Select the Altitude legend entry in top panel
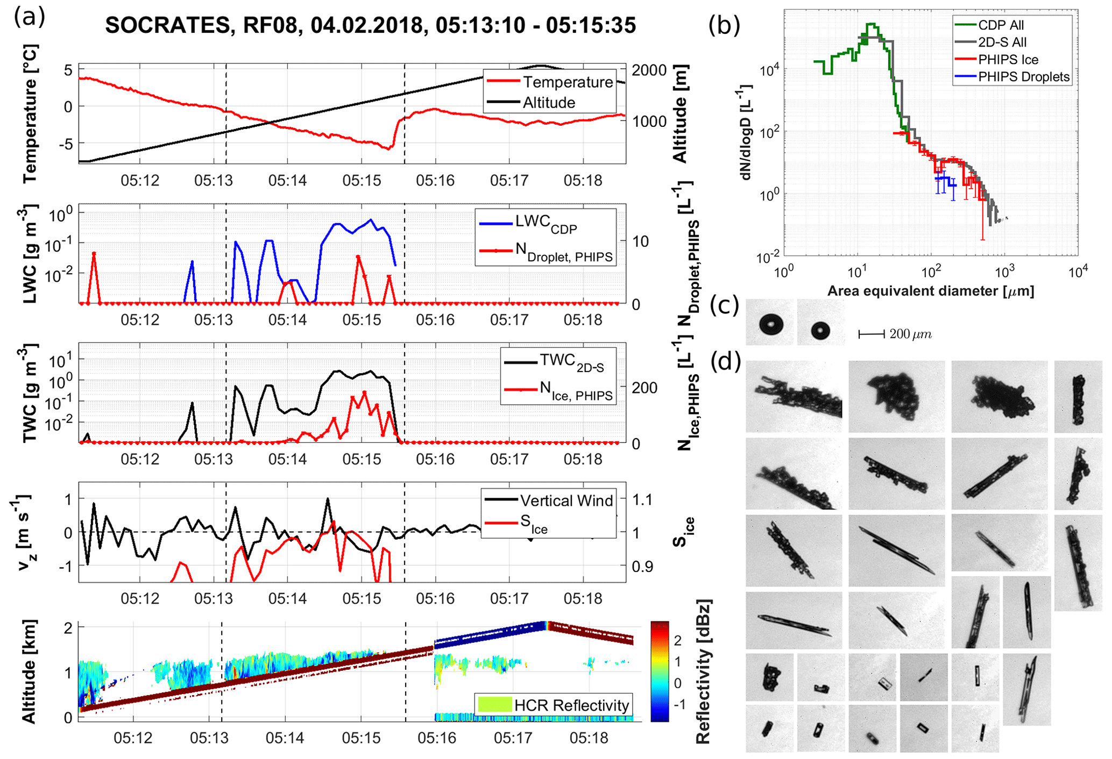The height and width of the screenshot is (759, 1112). tap(549, 103)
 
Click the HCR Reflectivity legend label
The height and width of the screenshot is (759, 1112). tap(571, 705)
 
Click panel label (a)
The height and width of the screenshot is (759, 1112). tap(30, 17)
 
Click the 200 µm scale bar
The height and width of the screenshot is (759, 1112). tap(872, 334)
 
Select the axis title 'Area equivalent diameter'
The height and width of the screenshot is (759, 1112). tap(930, 291)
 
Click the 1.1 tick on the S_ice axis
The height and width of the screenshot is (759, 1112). tap(642, 500)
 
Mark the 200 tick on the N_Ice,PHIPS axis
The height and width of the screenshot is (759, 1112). tap(644, 388)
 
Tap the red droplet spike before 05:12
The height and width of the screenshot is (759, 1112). tap(94, 254)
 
